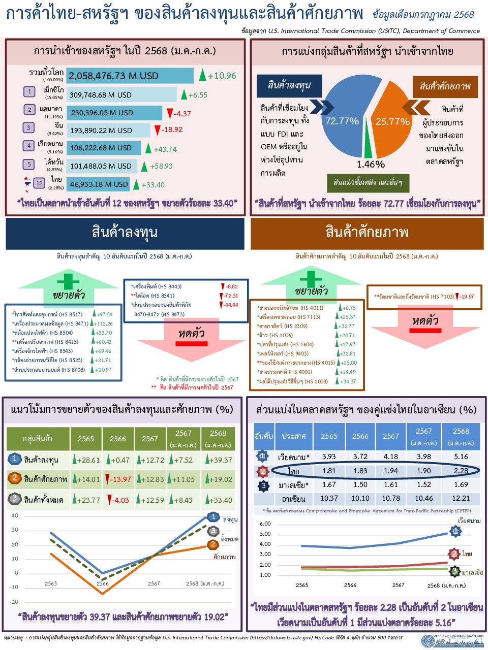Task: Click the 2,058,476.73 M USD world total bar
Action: click(x=130, y=76)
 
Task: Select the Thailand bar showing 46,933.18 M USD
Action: click(x=98, y=184)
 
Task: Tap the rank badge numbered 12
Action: click(x=40, y=183)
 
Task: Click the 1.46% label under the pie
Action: click(x=371, y=164)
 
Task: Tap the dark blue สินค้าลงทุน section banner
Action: click(x=125, y=233)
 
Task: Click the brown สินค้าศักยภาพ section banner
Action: click(x=367, y=233)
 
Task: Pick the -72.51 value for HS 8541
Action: click(x=231, y=296)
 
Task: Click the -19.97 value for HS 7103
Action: click(x=466, y=297)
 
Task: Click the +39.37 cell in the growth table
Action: click(x=220, y=460)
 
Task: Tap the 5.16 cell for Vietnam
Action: click(x=461, y=457)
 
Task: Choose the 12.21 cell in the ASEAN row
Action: click(x=461, y=498)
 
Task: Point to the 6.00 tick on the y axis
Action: click(x=265, y=524)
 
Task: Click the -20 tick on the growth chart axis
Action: click(x=14, y=602)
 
